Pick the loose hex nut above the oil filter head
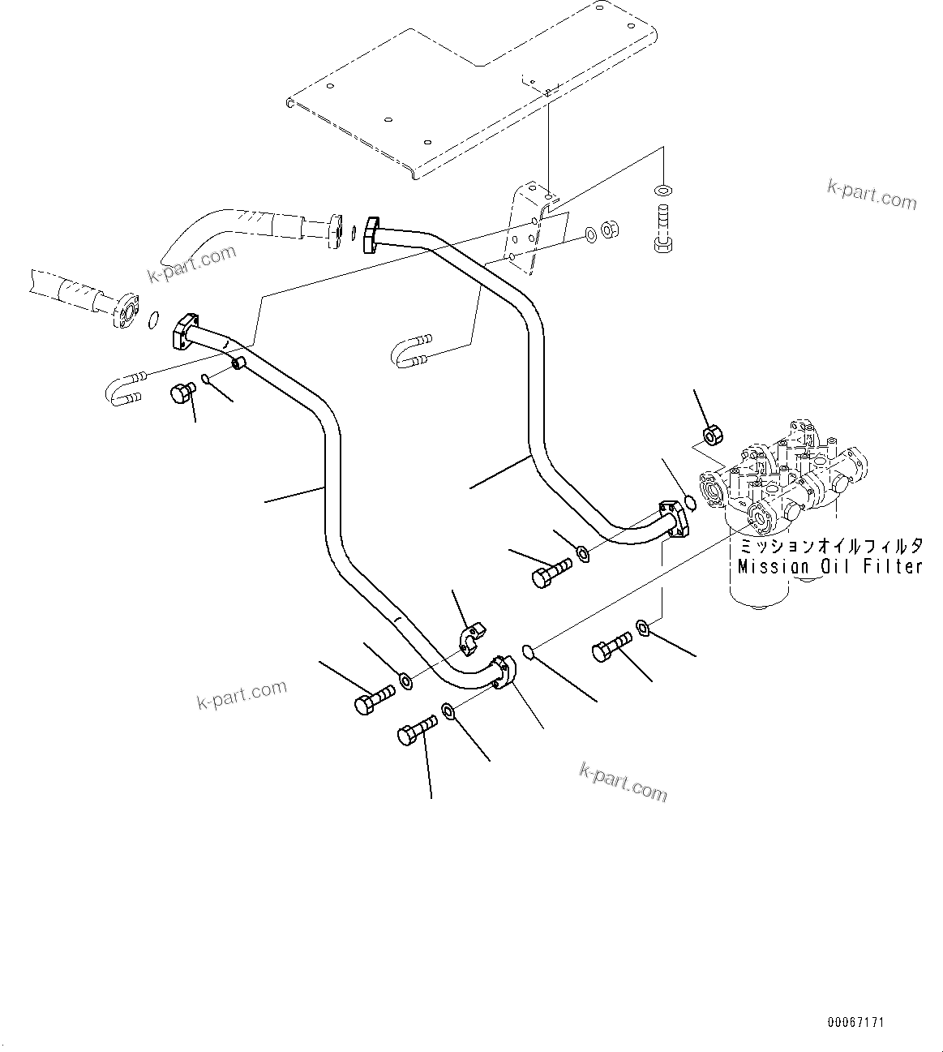(x=711, y=436)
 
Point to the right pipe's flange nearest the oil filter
(x=674, y=519)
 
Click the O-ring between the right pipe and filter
(x=690, y=503)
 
